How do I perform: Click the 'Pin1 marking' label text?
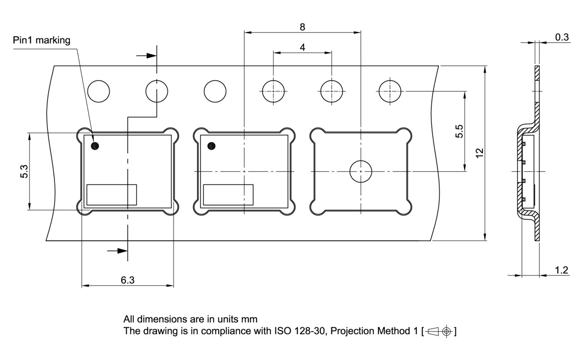41,40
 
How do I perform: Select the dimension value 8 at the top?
302,27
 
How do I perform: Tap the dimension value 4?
302,47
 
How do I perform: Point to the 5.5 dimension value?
459,131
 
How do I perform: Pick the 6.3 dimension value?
128,280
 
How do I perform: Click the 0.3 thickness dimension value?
562,37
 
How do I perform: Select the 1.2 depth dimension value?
561,271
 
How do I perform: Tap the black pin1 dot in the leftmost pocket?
95,146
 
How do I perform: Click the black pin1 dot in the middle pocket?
211,146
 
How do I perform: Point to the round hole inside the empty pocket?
360,172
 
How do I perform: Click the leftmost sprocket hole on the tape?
98,91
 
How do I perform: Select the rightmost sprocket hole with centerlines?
389,91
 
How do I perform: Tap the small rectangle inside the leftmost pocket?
112,195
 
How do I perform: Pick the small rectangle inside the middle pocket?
228,195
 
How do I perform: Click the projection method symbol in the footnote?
439,331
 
